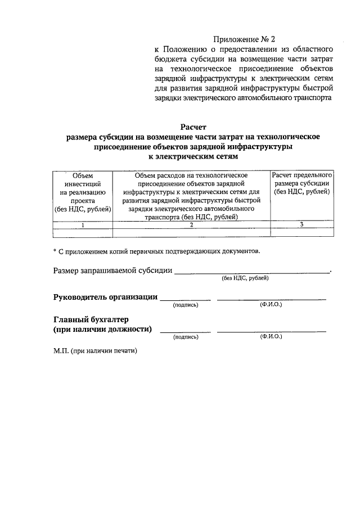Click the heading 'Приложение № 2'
[x=246, y=40]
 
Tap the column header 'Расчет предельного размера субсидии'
[x=302, y=184]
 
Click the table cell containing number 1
[x=83, y=225]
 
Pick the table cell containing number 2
[x=191, y=225]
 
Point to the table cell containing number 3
[x=302, y=225]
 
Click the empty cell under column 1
[x=83, y=233]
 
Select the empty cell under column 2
[x=191, y=233]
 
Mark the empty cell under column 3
[x=302, y=233]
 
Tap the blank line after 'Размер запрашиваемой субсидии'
[x=252, y=271]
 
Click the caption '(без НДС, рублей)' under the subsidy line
[x=245, y=278]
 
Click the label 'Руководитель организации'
[x=105, y=298]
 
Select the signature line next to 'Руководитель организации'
[x=186, y=299]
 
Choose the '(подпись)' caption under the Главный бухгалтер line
[x=186, y=337]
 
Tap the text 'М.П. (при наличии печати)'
[x=95, y=350]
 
